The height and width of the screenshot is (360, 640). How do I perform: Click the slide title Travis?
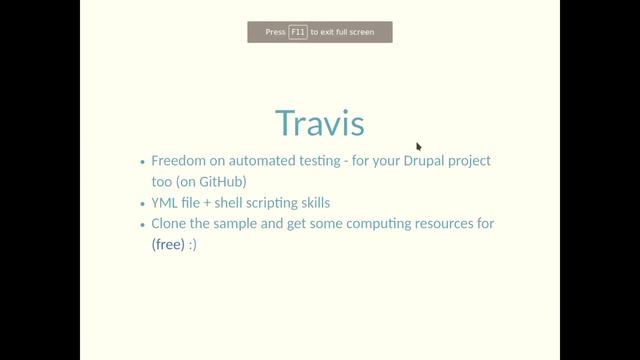[319, 122]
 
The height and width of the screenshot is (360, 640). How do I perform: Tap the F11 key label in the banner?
[298, 32]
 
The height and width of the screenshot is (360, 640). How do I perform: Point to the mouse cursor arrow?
[419, 146]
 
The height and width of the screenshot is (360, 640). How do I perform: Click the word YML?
[166, 202]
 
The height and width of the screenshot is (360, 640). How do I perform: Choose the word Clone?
[171, 223]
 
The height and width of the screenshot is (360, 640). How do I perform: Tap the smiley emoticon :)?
[193, 244]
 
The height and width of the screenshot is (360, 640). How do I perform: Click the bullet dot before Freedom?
[142, 161]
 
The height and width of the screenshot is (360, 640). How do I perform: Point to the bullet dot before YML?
[142, 203]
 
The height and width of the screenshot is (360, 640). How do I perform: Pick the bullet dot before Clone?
[142, 224]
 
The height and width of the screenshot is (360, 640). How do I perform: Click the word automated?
[264, 160]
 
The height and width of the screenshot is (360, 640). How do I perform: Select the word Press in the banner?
[276, 32]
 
